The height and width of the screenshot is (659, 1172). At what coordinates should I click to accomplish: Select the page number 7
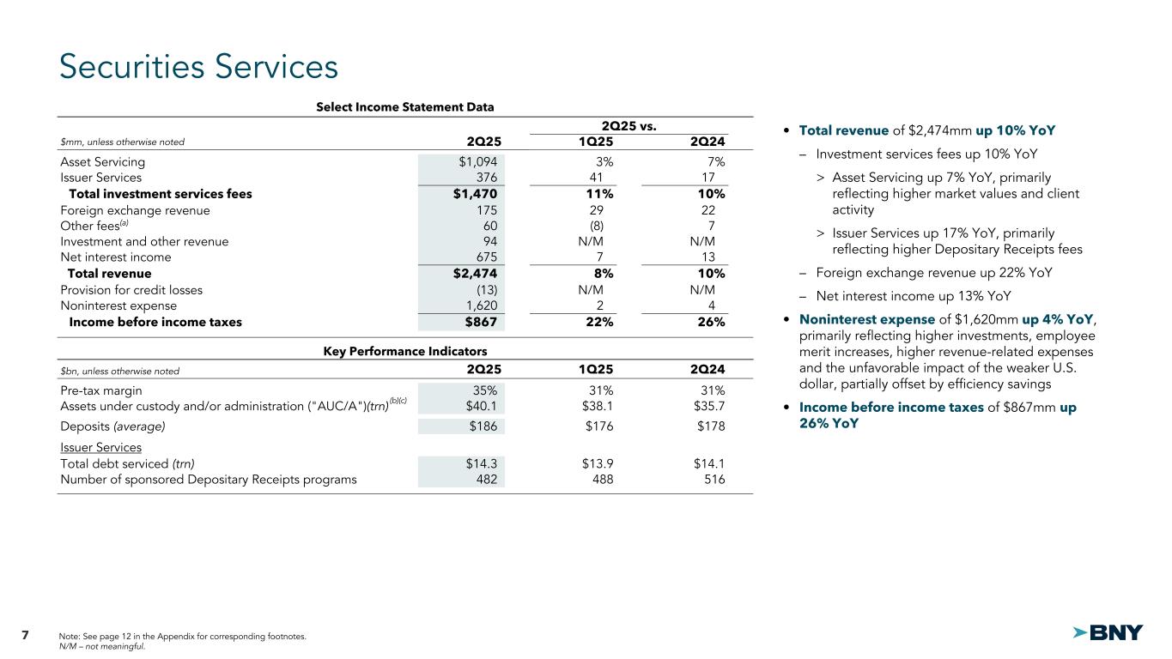[25, 635]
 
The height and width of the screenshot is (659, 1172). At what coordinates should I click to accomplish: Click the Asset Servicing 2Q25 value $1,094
[477, 161]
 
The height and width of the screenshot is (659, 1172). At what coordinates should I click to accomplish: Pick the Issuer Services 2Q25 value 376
[483, 178]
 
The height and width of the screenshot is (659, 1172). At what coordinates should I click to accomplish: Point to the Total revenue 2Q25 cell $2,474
[476, 274]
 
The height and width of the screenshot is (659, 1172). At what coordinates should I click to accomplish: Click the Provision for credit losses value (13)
[483, 290]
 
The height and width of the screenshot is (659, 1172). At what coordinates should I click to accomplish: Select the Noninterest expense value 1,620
[479, 305]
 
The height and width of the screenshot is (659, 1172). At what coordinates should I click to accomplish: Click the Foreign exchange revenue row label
[135, 210]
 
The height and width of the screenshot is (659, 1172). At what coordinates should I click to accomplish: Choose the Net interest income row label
[116, 257]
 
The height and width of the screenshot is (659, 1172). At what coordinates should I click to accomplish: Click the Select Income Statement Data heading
[405, 107]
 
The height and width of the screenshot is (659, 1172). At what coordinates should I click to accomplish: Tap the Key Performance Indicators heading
[405, 352]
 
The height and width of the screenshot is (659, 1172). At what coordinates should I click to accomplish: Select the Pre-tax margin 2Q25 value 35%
[483, 390]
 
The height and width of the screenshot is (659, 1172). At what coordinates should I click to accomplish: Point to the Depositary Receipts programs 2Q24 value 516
[713, 480]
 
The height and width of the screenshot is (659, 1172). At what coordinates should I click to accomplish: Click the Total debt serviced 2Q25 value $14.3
[479, 463]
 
